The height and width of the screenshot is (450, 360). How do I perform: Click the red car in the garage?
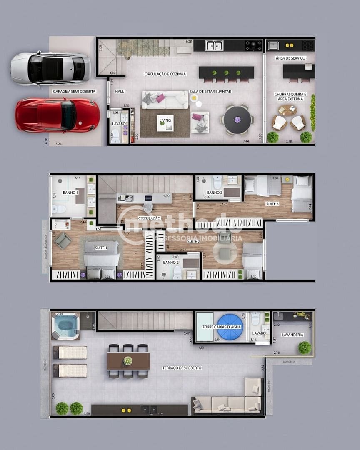[x=57, y=115]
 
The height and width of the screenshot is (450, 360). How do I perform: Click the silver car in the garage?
[x=50, y=68]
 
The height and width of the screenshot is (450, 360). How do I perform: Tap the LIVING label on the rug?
[x=165, y=121]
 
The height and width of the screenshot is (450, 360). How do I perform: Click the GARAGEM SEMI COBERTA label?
[x=74, y=91]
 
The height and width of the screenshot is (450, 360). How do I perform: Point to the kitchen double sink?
[x=214, y=45]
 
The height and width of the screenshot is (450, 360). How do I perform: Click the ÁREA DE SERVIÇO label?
[x=290, y=58]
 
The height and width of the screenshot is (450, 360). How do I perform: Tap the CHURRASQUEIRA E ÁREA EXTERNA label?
[x=290, y=97]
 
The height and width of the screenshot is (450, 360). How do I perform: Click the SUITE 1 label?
[x=101, y=248]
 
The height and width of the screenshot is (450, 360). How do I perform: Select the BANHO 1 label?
[x=70, y=193]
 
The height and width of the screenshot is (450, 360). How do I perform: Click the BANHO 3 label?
[x=215, y=192]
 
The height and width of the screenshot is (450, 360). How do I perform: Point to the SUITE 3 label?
[x=272, y=204]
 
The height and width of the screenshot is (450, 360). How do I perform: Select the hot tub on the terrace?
[x=65, y=325]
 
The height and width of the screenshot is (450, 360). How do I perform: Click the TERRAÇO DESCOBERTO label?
[x=182, y=368]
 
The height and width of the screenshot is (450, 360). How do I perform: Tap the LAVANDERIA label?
[x=292, y=335]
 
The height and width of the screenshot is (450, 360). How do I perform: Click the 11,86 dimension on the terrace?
[x=86, y=413]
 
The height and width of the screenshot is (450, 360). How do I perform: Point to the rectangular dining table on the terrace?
[x=128, y=361]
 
